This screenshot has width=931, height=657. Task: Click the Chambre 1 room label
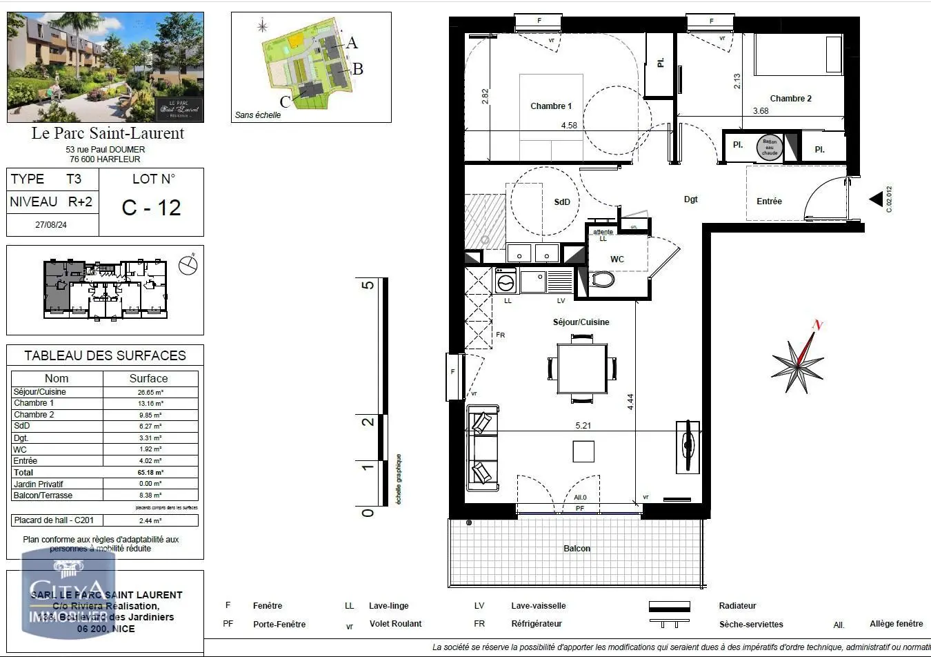[x=551, y=106]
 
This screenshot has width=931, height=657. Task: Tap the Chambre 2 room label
[x=790, y=99]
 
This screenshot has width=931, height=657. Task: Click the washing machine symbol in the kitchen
[x=506, y=282]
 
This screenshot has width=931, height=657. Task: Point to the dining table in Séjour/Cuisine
[x=582, y=369]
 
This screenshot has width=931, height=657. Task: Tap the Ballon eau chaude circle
[x=770, y=147]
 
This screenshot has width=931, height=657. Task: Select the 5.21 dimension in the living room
[x=583, y=426]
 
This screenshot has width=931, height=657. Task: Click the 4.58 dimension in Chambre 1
[x=569, y=126]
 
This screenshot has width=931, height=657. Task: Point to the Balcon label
[x=577, y=549]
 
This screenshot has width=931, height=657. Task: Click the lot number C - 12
[x=151, y=207]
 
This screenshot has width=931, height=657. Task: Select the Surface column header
[x=148, y=378]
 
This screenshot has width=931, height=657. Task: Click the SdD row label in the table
[x=22, y=426]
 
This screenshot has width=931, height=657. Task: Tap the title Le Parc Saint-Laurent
[x=108, y=133]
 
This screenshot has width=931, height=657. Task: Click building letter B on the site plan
[x=357, y=69]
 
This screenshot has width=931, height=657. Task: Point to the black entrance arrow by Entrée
[x=876, y=199]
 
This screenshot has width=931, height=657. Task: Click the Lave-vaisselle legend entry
[x=538, y=606]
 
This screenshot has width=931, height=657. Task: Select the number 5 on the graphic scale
[x=368, y=285]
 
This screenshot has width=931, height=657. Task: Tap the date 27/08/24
[x=51, y=225]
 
